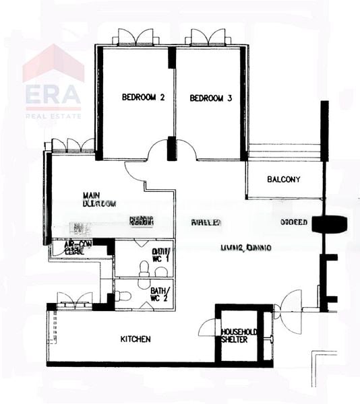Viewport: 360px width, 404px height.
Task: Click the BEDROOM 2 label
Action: pyautogui.click(x=143, y=98)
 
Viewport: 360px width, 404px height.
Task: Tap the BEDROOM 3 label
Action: pyautogui.click(x=211, y=98)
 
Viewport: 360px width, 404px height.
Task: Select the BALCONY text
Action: pyautogui.click(x=283, y=179)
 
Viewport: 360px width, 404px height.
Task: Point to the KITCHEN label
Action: pyautogui.click(x=136, y=339)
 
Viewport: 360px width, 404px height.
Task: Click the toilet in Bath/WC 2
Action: pyautogui.click(x=122, y=296)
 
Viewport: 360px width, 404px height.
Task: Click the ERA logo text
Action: pyautogui.click(x=53, y=97)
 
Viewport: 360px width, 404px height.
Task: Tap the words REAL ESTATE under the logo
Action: pyautogui.click(x=53, y=116)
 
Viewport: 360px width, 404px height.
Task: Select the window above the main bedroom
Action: pyautogui.click(x=73, y=145)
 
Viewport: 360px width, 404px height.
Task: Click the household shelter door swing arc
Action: pyautogui.click(x=208, y=328)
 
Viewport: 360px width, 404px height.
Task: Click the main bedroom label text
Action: pyautogui.click(x=99, y=198)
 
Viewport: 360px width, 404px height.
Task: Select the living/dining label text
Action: pyautogui.click(x=246, y=247)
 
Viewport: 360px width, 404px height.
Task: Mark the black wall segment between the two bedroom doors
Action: pyautogui.click(x=171, y=147)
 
